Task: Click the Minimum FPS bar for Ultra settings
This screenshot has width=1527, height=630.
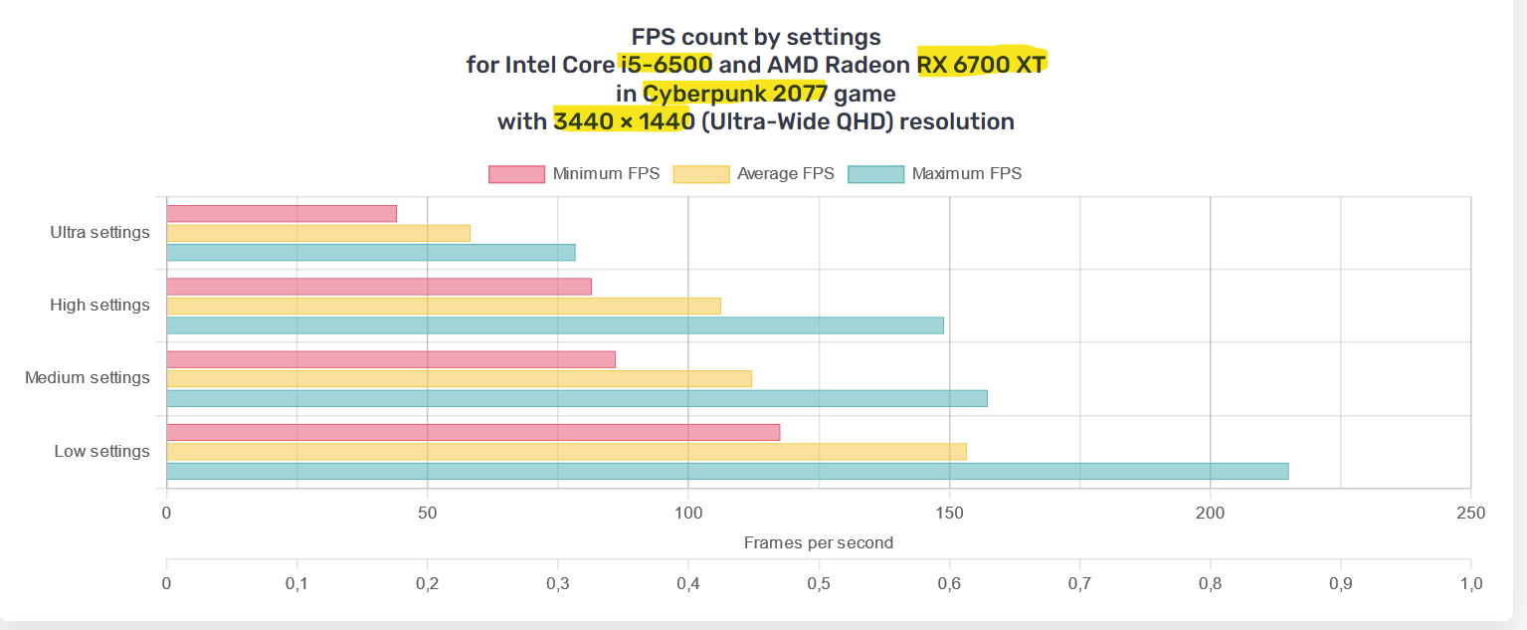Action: point(282,213)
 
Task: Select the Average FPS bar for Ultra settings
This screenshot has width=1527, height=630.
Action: point(318,233)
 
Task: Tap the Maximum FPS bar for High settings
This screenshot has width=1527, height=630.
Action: point(555,325)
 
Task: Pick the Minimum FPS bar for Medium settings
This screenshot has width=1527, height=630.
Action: point(391,359)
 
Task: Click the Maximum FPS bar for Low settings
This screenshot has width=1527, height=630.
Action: point(727,471)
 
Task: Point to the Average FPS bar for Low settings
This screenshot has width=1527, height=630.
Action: point(566,452)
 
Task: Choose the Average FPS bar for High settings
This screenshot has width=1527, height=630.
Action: point(444,306)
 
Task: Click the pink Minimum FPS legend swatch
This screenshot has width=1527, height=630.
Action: point(516,174)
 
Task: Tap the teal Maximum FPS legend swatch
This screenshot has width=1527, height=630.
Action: point(875,174)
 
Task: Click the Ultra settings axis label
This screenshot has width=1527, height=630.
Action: point(99,233)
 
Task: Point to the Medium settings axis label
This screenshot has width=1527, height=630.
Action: point(88,378)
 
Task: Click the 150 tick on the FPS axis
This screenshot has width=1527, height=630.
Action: point(949,514)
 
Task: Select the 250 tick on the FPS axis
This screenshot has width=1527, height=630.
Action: point(1469,514)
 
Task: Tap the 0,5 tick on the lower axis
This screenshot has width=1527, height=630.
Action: point(819,583)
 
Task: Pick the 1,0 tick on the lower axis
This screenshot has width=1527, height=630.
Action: point(1470,583)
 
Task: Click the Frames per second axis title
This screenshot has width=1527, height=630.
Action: point(819,543)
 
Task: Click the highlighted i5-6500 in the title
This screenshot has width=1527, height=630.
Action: point(666,66)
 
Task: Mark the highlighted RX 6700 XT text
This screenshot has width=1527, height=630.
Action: point(982,66)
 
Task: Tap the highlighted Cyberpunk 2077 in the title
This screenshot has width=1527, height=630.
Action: point(736,95)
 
